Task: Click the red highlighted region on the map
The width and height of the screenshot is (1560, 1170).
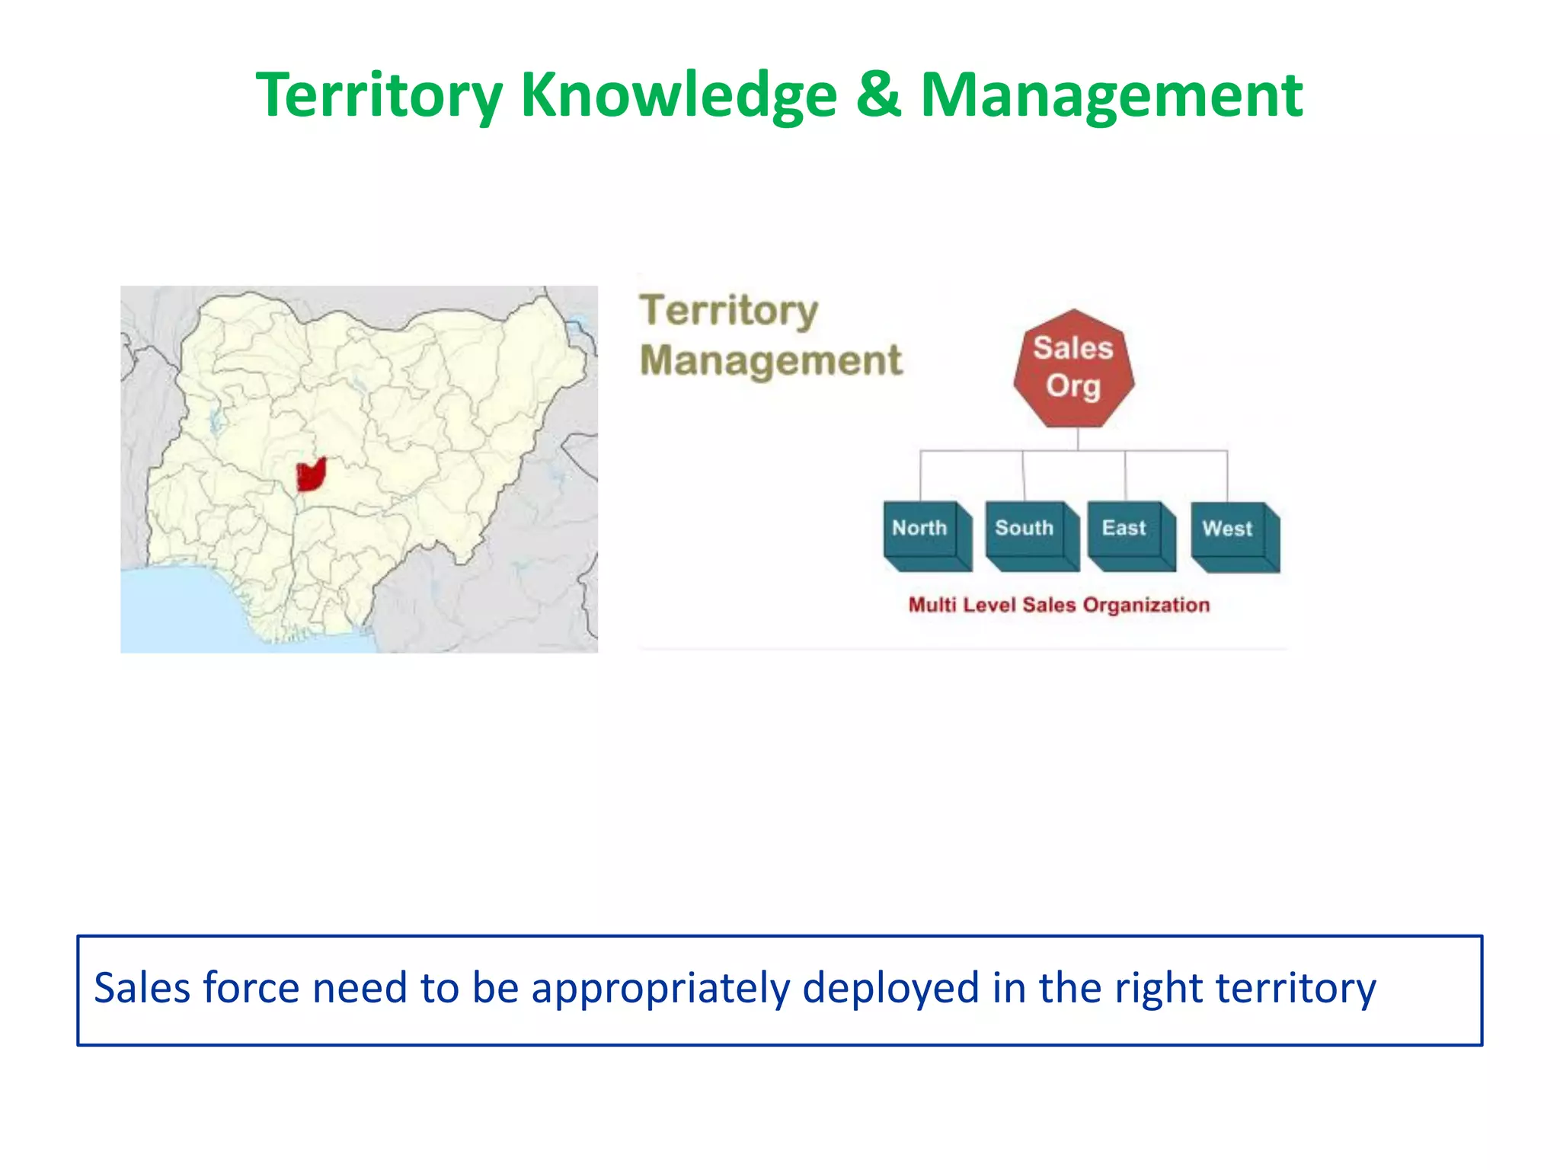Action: pos(310,476)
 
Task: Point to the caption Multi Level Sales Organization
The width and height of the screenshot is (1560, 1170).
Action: pos(1059,605)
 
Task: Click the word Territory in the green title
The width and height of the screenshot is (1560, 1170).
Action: pos(379,95)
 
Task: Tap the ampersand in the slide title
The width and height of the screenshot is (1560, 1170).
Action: pos(878,95)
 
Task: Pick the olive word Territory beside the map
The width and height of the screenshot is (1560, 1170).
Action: pos(729,311)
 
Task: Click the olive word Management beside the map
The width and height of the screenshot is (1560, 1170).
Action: pos(771,360)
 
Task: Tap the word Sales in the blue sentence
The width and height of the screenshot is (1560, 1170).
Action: pos(142,988)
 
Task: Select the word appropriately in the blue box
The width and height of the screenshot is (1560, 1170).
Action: pos(660,988)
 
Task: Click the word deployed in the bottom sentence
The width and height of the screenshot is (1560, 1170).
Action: pos(890,988)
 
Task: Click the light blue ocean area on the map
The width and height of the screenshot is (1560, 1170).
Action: pos(183,609)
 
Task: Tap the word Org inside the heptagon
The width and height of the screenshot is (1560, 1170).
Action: pos(1073,386)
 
